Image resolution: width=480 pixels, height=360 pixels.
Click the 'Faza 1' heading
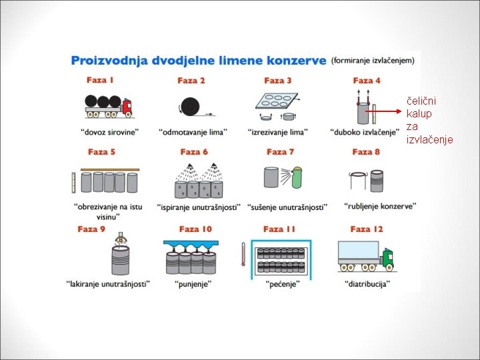[x=100, y=80]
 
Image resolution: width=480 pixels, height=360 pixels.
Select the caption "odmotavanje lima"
[x=193, y=131]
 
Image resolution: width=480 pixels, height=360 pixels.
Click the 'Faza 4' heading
[x=367, y=80]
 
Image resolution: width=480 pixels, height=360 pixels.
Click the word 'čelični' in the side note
[x=421, y=101]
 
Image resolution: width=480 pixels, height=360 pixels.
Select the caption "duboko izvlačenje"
[x=364, y=131]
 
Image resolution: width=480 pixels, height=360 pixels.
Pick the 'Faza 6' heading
[x=194, y=152]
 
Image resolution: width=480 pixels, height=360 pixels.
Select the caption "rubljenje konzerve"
[x=381, y=206]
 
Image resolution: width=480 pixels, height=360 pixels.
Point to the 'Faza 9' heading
[x=91, y=229]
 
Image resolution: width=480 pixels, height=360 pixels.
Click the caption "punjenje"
[x=192, y=283]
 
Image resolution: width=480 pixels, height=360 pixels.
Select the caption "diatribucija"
[x=368, y=283]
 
